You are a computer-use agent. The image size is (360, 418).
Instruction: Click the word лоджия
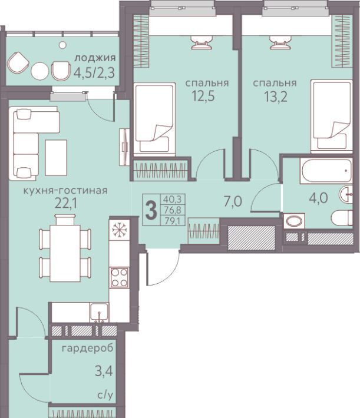95,58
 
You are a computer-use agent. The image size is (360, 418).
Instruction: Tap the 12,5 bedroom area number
203,96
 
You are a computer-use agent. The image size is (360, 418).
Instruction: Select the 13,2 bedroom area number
276,97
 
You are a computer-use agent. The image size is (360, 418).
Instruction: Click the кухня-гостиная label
65,191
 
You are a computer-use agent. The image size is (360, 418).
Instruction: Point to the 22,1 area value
65,204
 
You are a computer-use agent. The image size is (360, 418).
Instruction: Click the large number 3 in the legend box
151,210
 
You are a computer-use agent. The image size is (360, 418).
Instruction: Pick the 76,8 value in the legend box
173,210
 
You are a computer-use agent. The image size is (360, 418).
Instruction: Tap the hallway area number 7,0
233,201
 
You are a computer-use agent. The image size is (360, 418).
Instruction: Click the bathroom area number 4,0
318,198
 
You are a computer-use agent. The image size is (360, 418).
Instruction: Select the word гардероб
88,349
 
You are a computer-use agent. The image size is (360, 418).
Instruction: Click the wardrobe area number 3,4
104,371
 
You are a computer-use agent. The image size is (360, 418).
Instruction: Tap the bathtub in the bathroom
326,171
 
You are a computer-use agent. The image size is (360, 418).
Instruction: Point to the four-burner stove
119,277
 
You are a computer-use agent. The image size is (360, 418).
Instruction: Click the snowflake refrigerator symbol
119,229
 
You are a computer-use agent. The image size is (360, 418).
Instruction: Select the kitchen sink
99,312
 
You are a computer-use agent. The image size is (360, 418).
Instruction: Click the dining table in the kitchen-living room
65,253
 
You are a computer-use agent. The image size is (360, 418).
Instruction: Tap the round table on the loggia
39,71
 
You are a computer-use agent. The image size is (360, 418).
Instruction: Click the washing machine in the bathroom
294,221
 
